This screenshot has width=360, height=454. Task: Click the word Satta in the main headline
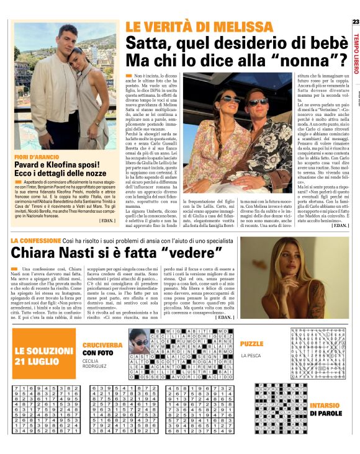coord(146,43)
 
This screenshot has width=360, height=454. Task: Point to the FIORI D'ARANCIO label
coord(33,156)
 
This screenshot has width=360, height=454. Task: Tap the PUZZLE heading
coord(252,343)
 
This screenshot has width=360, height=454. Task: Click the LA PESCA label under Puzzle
coord(251,355)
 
